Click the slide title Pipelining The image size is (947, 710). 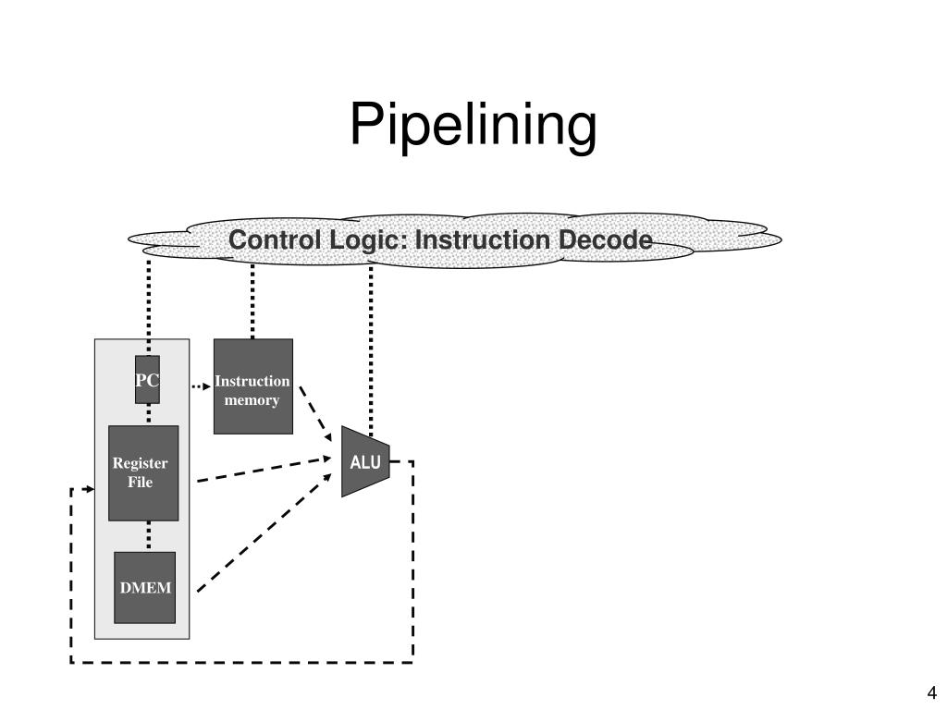click(x=473, y=125)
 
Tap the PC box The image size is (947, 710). click(x=147, y=380)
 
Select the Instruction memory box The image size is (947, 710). click(x=253, y=386)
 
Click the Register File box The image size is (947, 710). click(x=143, y=473)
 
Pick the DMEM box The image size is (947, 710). click(x=145, y=587)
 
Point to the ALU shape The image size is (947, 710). click(x=365, y=462)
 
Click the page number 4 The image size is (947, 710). click(x=931, y=692)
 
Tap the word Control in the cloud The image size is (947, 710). click(x=275, y=240)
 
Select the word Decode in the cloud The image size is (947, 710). click(x=605, y=240)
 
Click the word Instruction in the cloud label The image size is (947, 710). click(x=483, y=240)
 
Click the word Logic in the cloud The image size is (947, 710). click(x=369, y=241)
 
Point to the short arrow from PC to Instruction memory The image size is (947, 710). click(x=201, y=386)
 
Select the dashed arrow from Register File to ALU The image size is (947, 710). click(x=264, y=470)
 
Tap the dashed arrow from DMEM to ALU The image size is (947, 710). click(x=264, y=532)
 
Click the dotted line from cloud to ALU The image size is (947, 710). click(x=371, y=349)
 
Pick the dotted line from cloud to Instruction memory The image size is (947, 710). click(x=252, y=301)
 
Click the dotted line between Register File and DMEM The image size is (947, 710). click(x=149, y=536)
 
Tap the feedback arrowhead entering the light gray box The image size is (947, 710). click(x=91, y=489)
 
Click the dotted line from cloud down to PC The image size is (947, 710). click(x=149, y=308)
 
